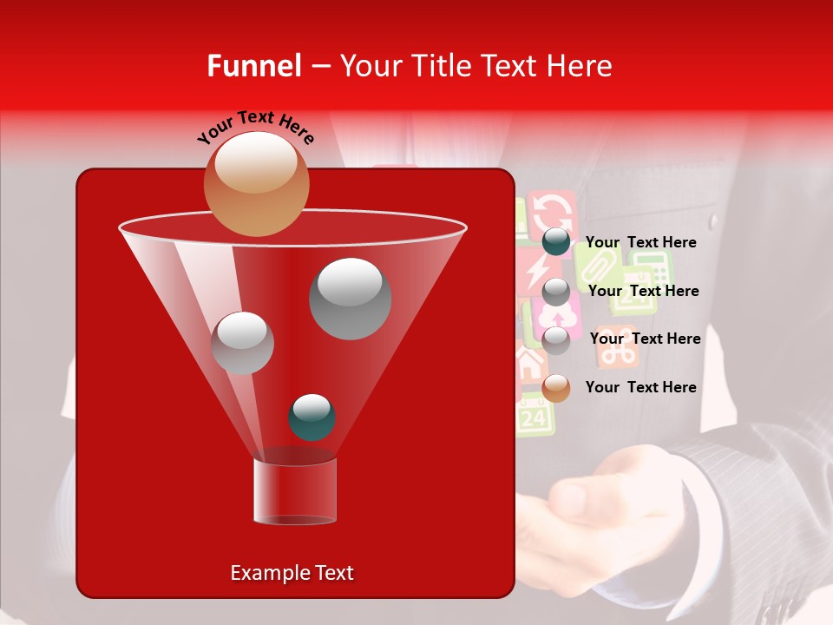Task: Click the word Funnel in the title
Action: pyautogui.click(x=254, y=66)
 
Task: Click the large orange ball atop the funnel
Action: pyautogui.click(x=256, y=183)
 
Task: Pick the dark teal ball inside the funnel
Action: pyautogui.click(x=312, y=417)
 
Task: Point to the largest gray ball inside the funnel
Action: pyautogui.click(x=350, y=298)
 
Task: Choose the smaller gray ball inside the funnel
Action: pyautogui.click(x=242, y=343)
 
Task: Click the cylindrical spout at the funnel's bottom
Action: pyautogui.click(x=294, y=492)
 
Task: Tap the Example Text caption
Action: pyautogui.click(x=292, y=573)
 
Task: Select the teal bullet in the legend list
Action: pyautogui.click(x=556, y=242)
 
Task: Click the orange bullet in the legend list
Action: pyautogui.click(x=556, y=388)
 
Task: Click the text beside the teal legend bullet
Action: pyautogui.click(x=641, y=242)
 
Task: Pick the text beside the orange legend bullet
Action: pyautogui.click(x=641, y=387)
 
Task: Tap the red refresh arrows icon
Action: pyautogui.click(x=552, y=212)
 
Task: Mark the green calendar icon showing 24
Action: pyautogui.click(x=535, y=417)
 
